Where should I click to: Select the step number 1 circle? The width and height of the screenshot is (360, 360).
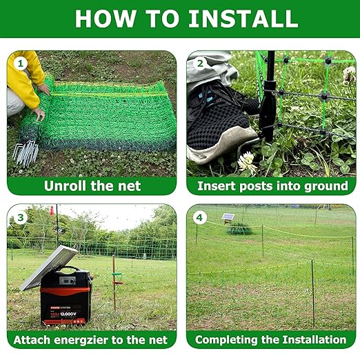click(20, 63)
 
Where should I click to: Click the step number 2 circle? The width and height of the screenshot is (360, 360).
click(200, 63)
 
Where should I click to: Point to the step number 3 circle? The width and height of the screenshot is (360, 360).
click(20, 217)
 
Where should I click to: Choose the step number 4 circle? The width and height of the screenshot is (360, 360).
click(200, 217)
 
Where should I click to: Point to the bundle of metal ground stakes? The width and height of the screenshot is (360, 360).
click(26, 152)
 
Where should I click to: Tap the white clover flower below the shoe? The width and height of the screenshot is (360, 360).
click(246, 161)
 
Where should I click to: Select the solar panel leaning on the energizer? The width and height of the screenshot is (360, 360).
click(49, 267)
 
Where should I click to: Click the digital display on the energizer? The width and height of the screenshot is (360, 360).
click(68, 281)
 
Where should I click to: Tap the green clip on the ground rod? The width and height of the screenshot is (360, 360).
click(117, 274)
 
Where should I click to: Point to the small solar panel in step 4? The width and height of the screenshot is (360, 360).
click(228, 217)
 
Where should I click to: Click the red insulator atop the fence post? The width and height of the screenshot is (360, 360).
click(52, 210)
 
